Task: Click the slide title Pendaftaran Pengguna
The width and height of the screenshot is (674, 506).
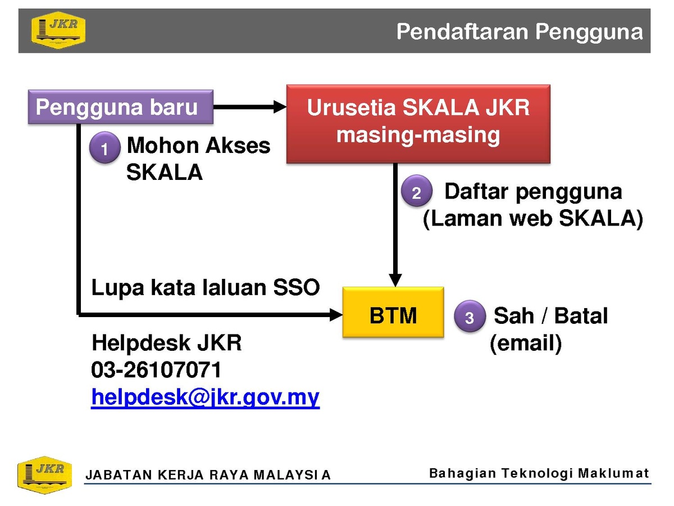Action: coord(520,32)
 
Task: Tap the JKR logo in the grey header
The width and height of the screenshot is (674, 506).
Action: coord(58,30)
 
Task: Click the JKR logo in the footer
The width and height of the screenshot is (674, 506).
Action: coord(45,475)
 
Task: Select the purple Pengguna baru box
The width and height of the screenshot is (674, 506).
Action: coord(121,107)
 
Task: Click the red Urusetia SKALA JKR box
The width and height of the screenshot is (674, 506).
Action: coord(418,124)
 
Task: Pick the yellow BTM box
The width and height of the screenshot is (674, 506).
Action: coord(393,312)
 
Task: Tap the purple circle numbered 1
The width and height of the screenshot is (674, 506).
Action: coord(104,147)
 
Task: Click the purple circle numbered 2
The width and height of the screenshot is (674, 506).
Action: coord(417,191)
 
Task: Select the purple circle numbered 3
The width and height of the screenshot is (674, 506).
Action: coord(470,316)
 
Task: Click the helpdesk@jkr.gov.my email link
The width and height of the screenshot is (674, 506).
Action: coord(206,397)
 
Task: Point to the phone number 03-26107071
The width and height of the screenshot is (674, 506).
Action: coord(156,369)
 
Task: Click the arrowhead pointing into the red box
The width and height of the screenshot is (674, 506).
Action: coord(280,107)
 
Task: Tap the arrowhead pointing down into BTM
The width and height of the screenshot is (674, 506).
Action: coord(395,280)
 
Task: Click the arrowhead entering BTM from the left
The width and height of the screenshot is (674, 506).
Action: coord(336,315)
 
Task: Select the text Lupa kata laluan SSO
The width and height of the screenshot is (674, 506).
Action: coord(206,288)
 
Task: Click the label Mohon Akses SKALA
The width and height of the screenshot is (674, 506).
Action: coord(198,158)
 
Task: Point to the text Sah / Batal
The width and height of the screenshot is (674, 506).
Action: coord(550,315)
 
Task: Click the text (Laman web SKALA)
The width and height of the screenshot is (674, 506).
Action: coord(533,219)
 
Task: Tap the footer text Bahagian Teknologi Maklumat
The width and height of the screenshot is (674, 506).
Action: coord(539,473)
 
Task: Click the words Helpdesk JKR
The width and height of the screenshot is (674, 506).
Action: coord(167,342)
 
